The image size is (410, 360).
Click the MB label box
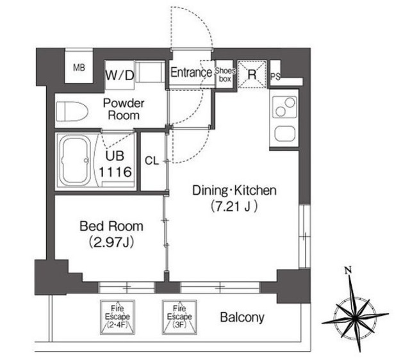pos(79,68)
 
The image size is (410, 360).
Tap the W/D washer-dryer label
pos(120,76)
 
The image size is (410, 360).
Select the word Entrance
pos(191,72)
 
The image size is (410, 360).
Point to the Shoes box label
pos(225,75)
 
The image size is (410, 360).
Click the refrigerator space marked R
pos(252,74)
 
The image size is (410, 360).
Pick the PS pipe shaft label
pos(275,76)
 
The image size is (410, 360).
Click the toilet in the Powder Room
pos(72,111)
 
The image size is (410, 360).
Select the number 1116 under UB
pos(115,172)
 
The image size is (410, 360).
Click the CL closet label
pos(152,161)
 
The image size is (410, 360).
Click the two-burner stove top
pos(284,107)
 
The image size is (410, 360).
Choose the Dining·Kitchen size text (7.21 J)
pos(234,206)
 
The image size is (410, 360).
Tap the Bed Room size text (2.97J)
pos(111,242)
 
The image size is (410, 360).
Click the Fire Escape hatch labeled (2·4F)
pos(118,317)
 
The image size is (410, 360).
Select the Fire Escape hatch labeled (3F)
pos(179,317)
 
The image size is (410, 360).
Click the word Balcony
pos(242,317)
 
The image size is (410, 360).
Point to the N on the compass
pos(348,270)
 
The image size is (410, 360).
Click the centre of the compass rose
pos(355,318)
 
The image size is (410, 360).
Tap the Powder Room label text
pos(124,110)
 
